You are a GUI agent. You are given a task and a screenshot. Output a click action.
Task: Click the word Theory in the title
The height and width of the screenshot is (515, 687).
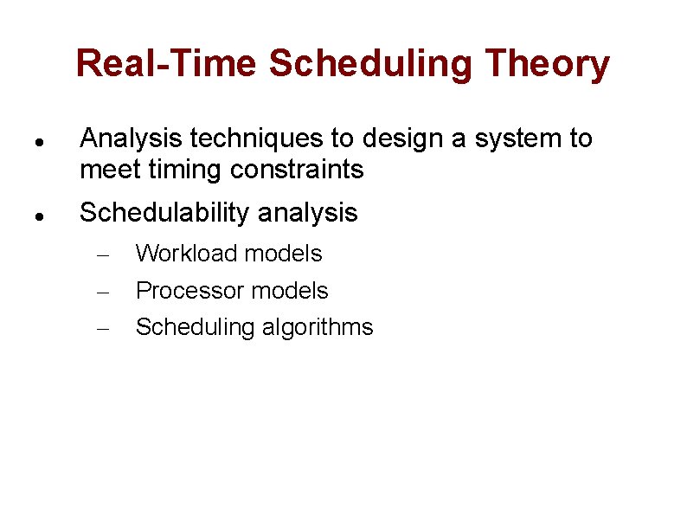[548, 64]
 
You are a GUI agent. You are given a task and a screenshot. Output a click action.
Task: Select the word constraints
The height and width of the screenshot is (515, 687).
[297, 170]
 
